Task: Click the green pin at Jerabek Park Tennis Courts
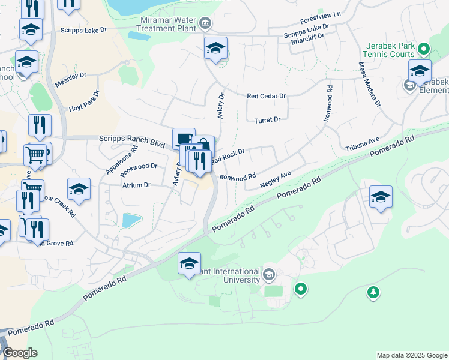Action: pyautogui.click(x=424, y=49)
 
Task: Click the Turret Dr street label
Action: pyautogui.click(x=268, y=120)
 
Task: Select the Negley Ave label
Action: pyautogui.click(x=275, y=181)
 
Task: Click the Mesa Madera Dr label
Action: pyautogui.click(x=370, y=84)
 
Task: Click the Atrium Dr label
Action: pyautogui.click(x=136, y=185)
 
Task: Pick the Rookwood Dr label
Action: pyautogui.click(x=139, y=166)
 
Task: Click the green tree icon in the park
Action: pyautogui.click(x=373, y=292)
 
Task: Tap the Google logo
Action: pyautogui.click(x=20, y=353)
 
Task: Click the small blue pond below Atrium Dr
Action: pyautogui.click(x=131, y=220)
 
